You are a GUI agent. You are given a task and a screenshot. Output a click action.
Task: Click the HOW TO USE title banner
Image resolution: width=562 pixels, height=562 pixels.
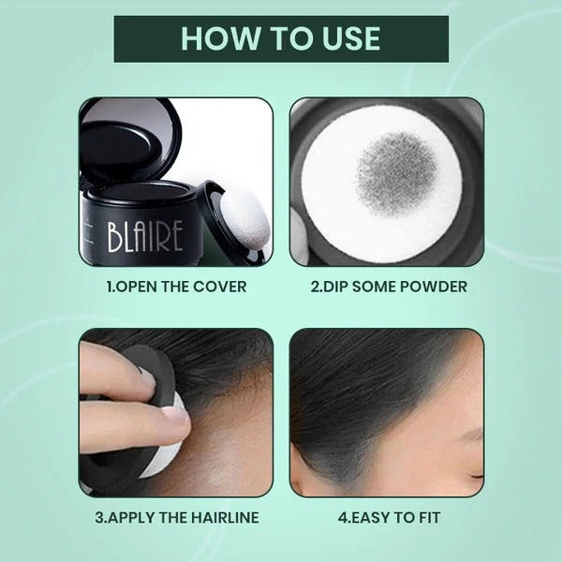pos(281,38)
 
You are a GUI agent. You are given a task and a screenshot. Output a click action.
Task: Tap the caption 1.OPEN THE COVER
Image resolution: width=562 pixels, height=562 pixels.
pos(176,286)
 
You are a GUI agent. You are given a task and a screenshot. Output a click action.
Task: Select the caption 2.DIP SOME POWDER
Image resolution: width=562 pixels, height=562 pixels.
pos(387,286)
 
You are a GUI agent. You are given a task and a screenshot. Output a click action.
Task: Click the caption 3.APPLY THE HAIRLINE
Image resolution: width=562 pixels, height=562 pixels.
pos(176,515)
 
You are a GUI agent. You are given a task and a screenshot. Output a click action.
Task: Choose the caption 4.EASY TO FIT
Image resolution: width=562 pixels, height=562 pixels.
pos(387,515)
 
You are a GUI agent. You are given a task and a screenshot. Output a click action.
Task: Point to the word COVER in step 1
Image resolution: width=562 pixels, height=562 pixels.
pos(223,286)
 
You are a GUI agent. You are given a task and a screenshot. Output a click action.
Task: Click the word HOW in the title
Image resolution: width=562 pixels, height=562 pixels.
pos(214,38)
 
